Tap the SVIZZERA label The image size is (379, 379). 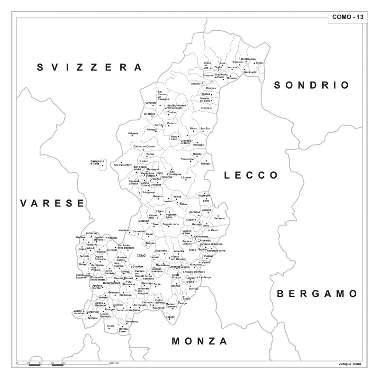(x=90, y=67)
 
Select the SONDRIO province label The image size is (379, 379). (x=312, y=85)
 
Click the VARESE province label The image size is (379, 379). (x=52, y=203)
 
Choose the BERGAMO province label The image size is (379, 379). (x=317, y=294)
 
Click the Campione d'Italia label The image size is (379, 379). (x=97, y=162)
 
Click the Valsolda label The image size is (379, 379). (x=133, y=134)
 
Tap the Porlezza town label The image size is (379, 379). (x=152, y=129)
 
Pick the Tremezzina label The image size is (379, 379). (x=187, y=159)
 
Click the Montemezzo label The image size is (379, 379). (x=248, y=59)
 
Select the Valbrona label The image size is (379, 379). (x=219, y=218)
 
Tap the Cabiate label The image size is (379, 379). (x=170, y=316)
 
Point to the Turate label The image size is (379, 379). (x=110, y=326)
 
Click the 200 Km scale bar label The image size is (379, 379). (x=114, y=363)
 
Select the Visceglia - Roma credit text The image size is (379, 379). (x=350, y=363)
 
